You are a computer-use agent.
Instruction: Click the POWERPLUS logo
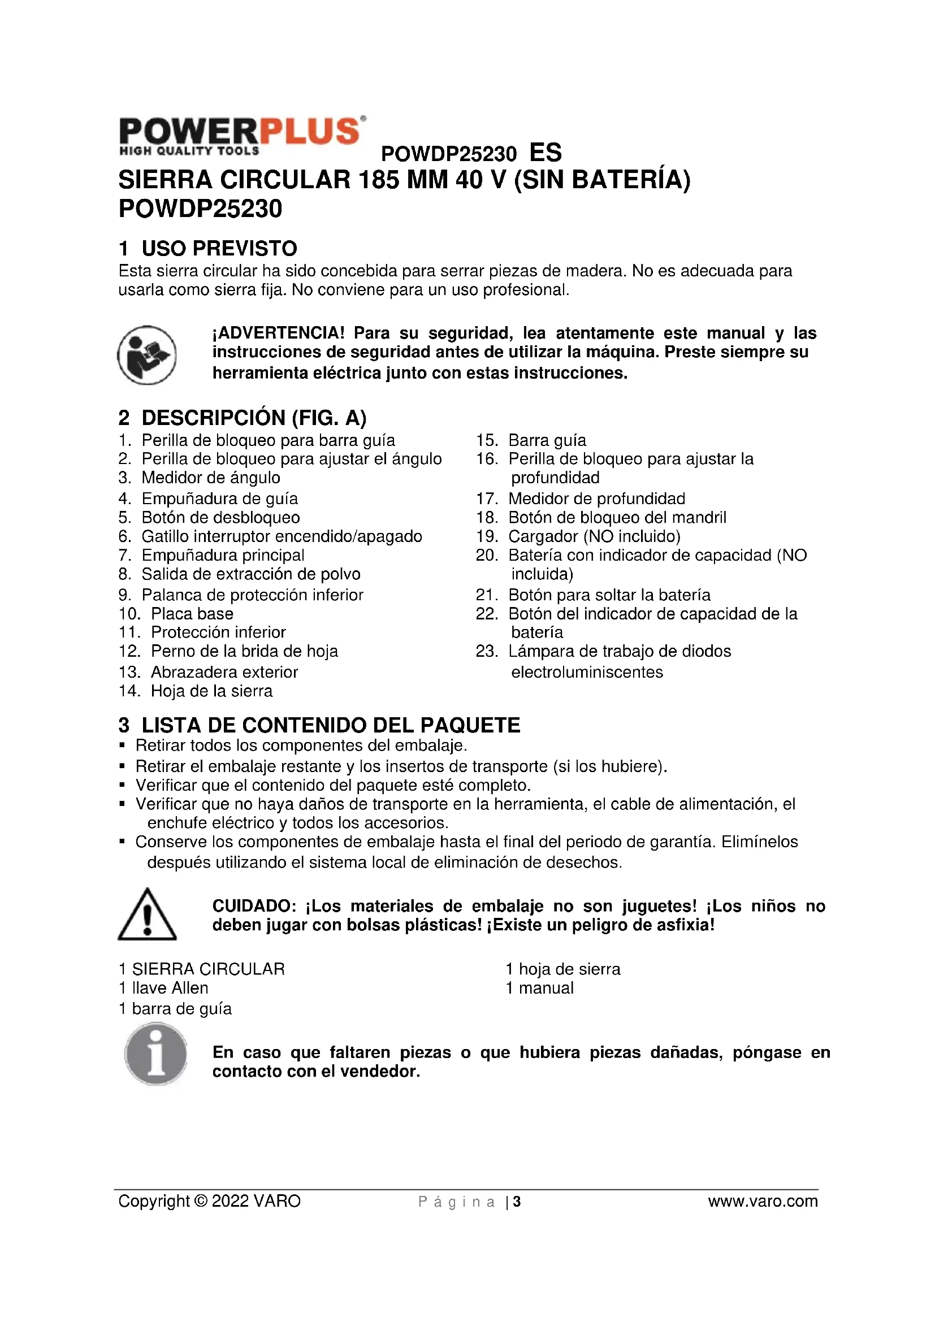(242, 136)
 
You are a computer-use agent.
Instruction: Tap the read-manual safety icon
(147, 355)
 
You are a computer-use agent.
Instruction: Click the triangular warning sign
(147, 914)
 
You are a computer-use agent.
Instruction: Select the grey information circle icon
(155, 1054)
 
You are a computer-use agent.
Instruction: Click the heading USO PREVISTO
(219, 249)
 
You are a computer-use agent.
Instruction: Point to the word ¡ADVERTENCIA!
(279, 333)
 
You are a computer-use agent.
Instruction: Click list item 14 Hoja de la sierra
(211, 691)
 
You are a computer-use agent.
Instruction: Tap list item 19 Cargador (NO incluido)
(594, 536)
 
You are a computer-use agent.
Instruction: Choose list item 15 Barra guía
(547, 440)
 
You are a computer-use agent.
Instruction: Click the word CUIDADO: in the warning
(254, 905)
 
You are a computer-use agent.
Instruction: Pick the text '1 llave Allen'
(163, 988)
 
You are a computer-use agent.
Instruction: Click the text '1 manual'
(539, 988)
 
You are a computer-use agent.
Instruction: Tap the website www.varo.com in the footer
(762, 1201)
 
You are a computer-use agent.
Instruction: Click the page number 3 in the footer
(517, 1202)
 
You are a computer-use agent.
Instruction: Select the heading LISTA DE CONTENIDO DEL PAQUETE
(331, 726)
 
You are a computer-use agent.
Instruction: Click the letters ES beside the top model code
(545, 153)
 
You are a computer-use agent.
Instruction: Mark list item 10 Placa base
(192, 614)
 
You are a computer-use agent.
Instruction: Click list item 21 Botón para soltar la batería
(609, 595)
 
